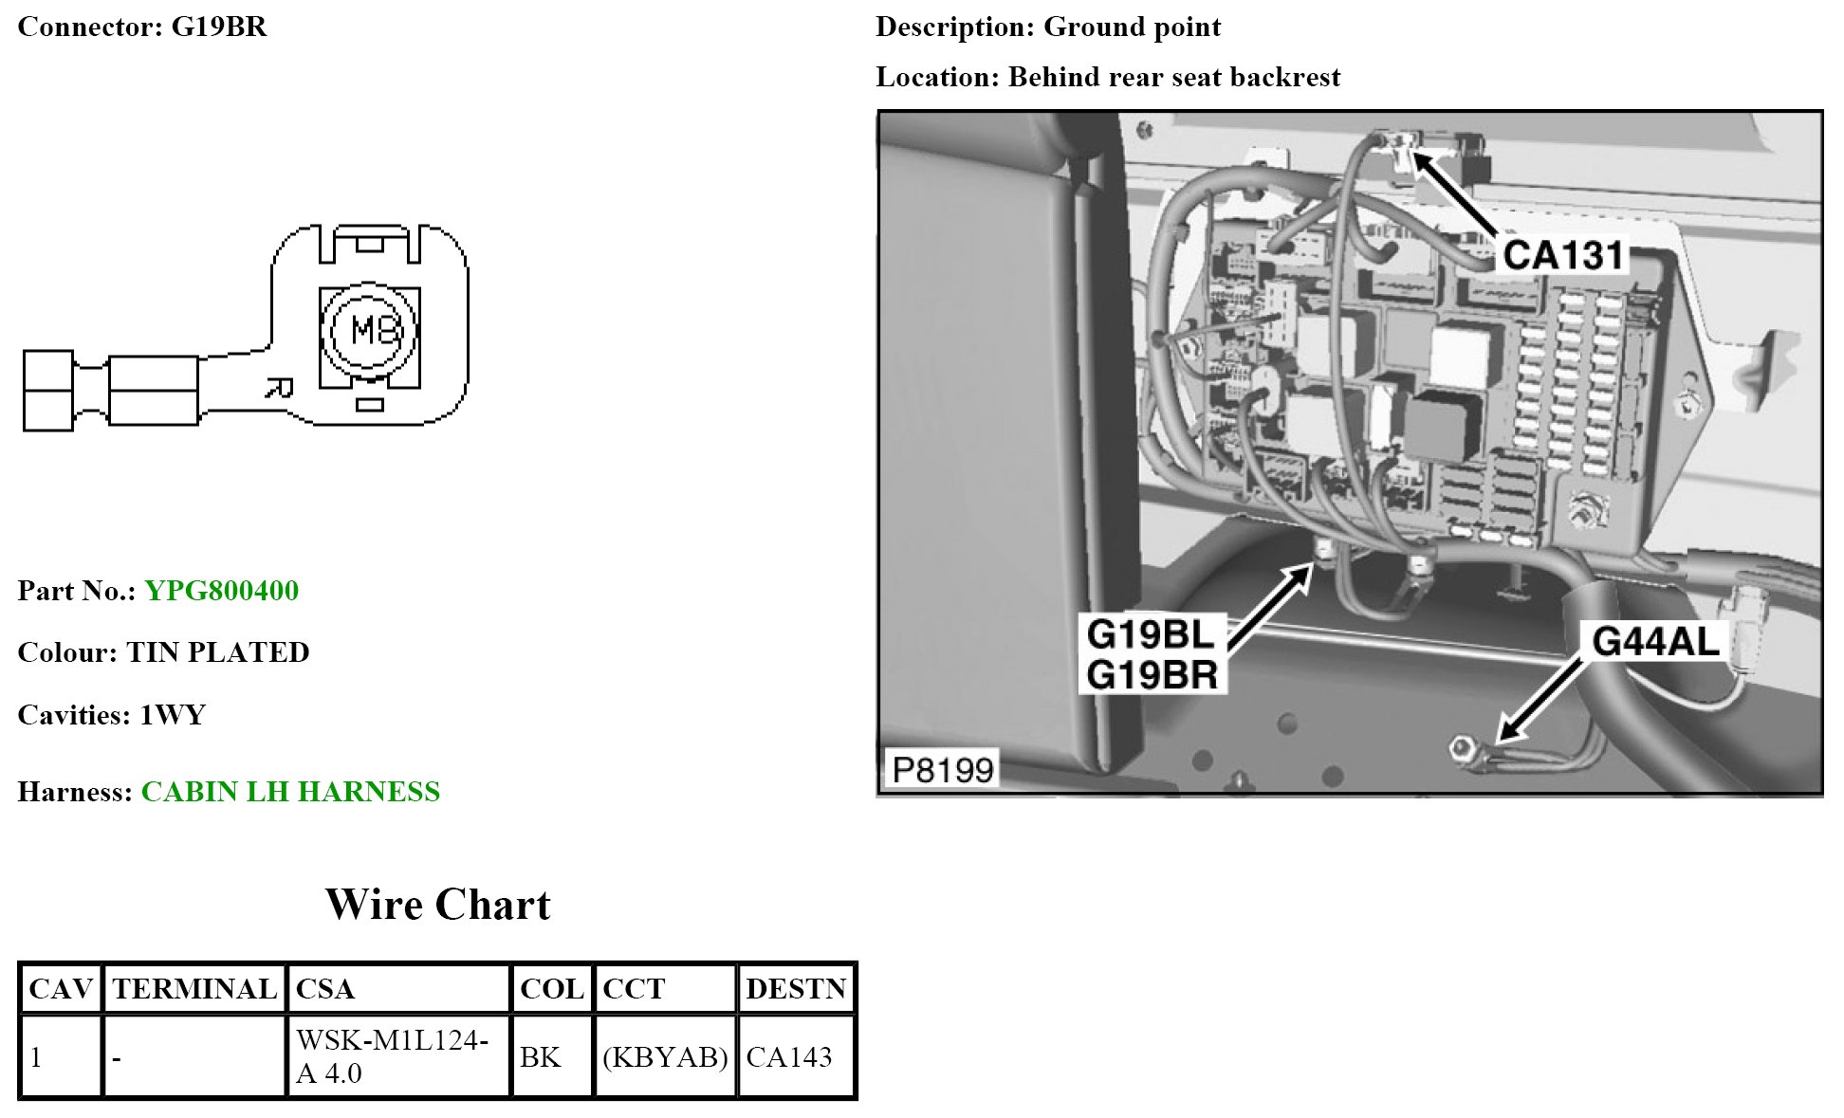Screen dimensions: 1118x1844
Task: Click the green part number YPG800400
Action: pyautogui.click(x=221, y=591)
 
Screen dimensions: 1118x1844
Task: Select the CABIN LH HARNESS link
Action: pyautogui.click(x=290, y=792)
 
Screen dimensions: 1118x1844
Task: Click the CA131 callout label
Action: pyautogui.click(x=1563, y=254)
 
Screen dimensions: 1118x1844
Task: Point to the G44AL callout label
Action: pyautogui.click(x=1655, y=642)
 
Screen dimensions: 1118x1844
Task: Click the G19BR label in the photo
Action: pyautogui.click(x=1152, y=675)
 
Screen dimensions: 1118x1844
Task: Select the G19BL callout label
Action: pyautogui.click(x=1150, y=633)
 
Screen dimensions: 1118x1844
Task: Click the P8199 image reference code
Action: pyautogui.click(x=943, y=769)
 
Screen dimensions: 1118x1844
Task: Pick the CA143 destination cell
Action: pyautogui.click(x=789, y=1056)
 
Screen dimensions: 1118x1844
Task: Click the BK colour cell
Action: pyautogui.click(x=540, y=1056)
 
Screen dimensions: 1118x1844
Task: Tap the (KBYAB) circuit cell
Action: pyautogui.click(x=665, y=1056)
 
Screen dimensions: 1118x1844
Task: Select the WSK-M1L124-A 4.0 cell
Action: pyautogui.click(x=392, y=1056)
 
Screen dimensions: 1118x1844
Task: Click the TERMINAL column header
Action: pyautogui.click(x=194, y=989)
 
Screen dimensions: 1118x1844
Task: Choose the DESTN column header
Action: pyautogui.click(x=795, y=989)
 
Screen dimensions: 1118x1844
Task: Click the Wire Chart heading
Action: pyautogui.click(x=437, y=905)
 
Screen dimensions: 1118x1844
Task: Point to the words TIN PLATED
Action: pyautogui.click(x=218, y=652)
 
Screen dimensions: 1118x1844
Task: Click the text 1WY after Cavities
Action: pyautogui.click(x=173, y=715)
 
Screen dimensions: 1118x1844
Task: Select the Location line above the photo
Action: pyautogui.click(x=1107, y=77)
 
